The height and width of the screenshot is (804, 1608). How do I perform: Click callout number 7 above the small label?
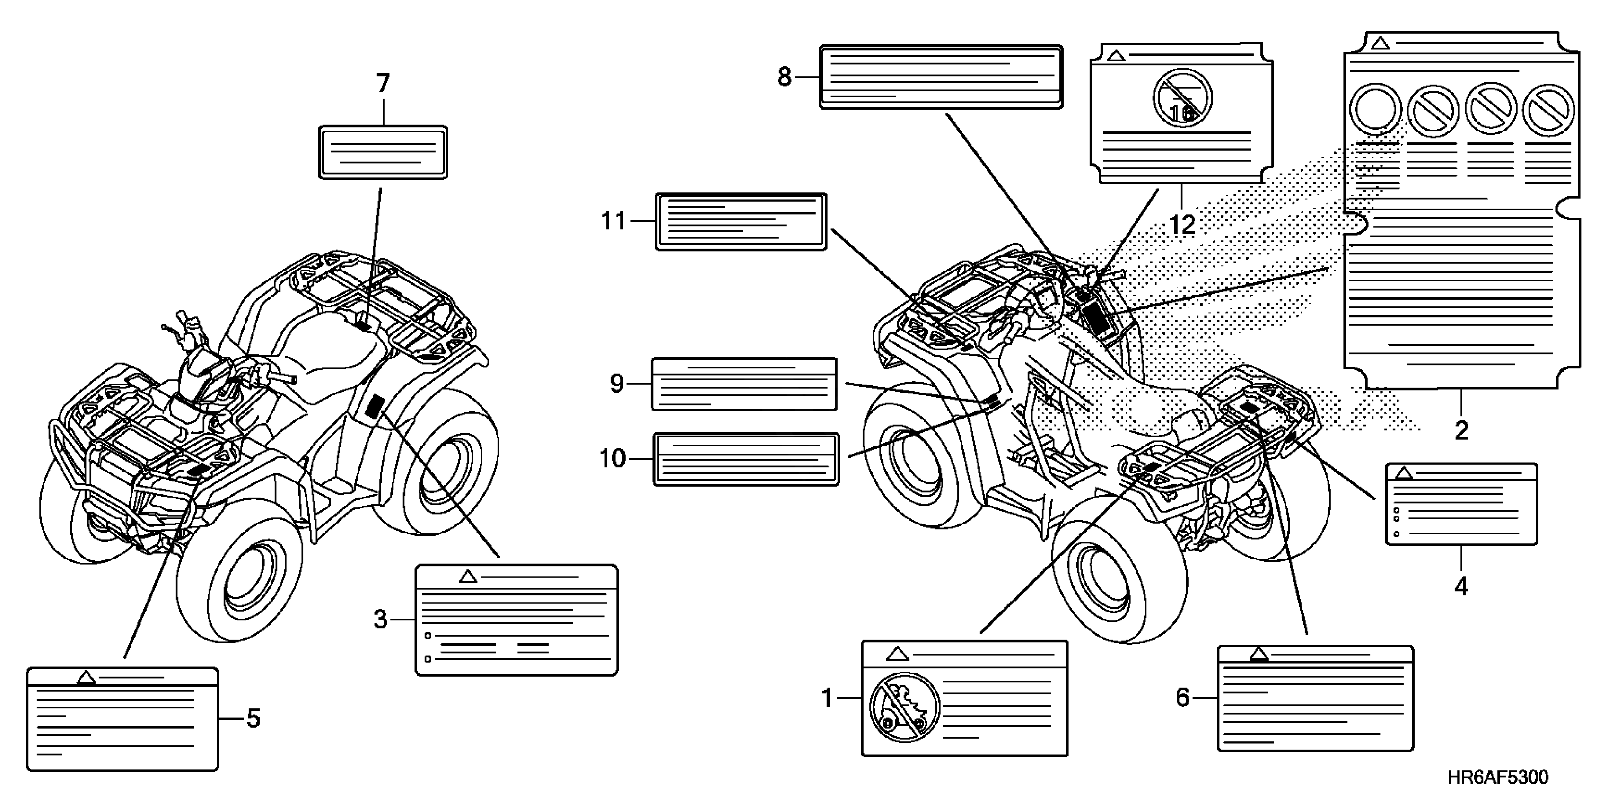point(383,84)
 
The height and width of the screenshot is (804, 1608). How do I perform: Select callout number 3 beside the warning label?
point(380,619)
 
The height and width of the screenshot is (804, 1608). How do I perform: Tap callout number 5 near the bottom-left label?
point(253,718)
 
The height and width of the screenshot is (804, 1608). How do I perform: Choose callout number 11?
point(613,221)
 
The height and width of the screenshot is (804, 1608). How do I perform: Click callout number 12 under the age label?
point(1182,224)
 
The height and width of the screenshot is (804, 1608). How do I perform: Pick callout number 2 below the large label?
point(1461,430)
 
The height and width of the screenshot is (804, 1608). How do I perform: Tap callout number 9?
point(616,383)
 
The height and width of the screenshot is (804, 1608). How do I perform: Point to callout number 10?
point(612,459)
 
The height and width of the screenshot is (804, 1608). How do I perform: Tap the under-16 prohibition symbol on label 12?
point(1182,99)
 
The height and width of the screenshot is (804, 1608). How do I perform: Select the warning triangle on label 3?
point(468,577)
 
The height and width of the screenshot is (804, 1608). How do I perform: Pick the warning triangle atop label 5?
point(86,677)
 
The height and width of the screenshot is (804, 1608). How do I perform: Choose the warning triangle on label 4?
point(1404,472)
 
